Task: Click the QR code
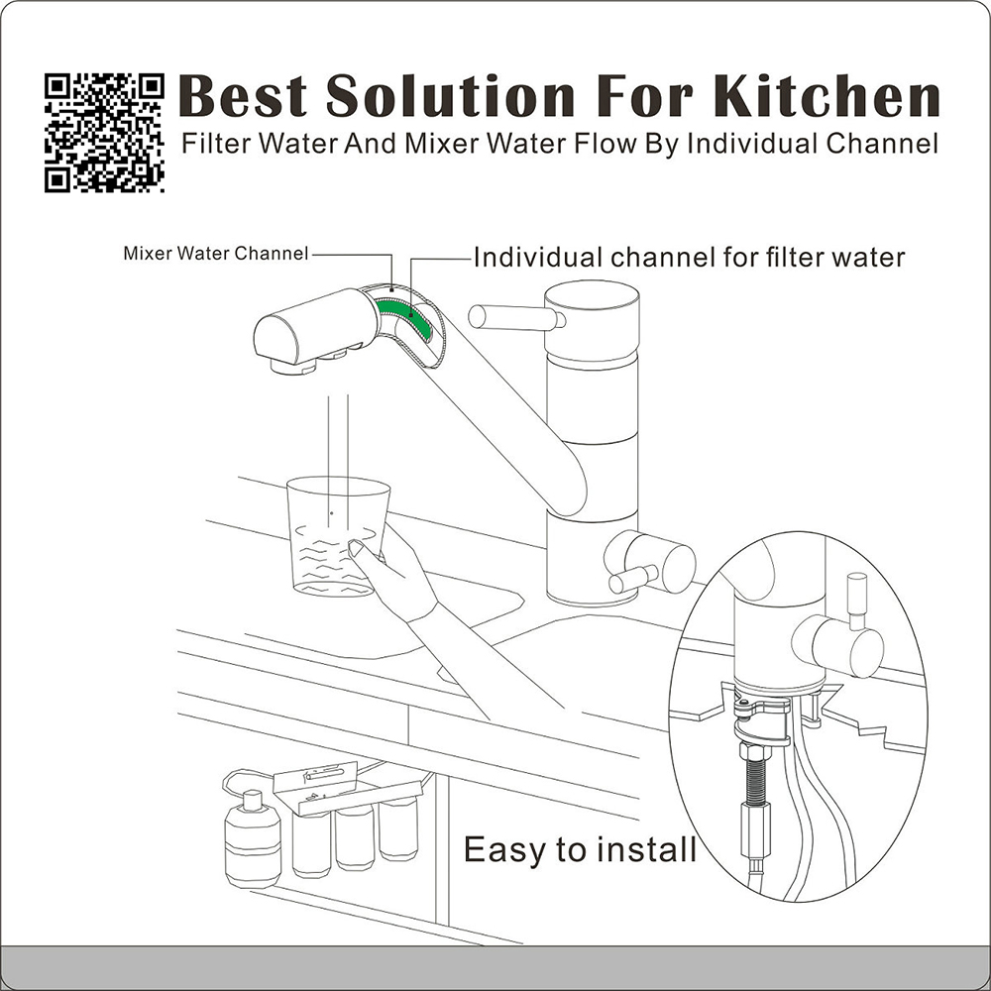pos(104,133)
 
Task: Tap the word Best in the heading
pos(244,95)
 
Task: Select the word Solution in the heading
pos(450,95)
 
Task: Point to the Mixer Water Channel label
pos(215,254)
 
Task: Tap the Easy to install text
pos(580,850)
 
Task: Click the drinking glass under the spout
pos(336,536)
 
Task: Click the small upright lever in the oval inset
pos(857,602)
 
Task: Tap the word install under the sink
pos(647,850)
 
